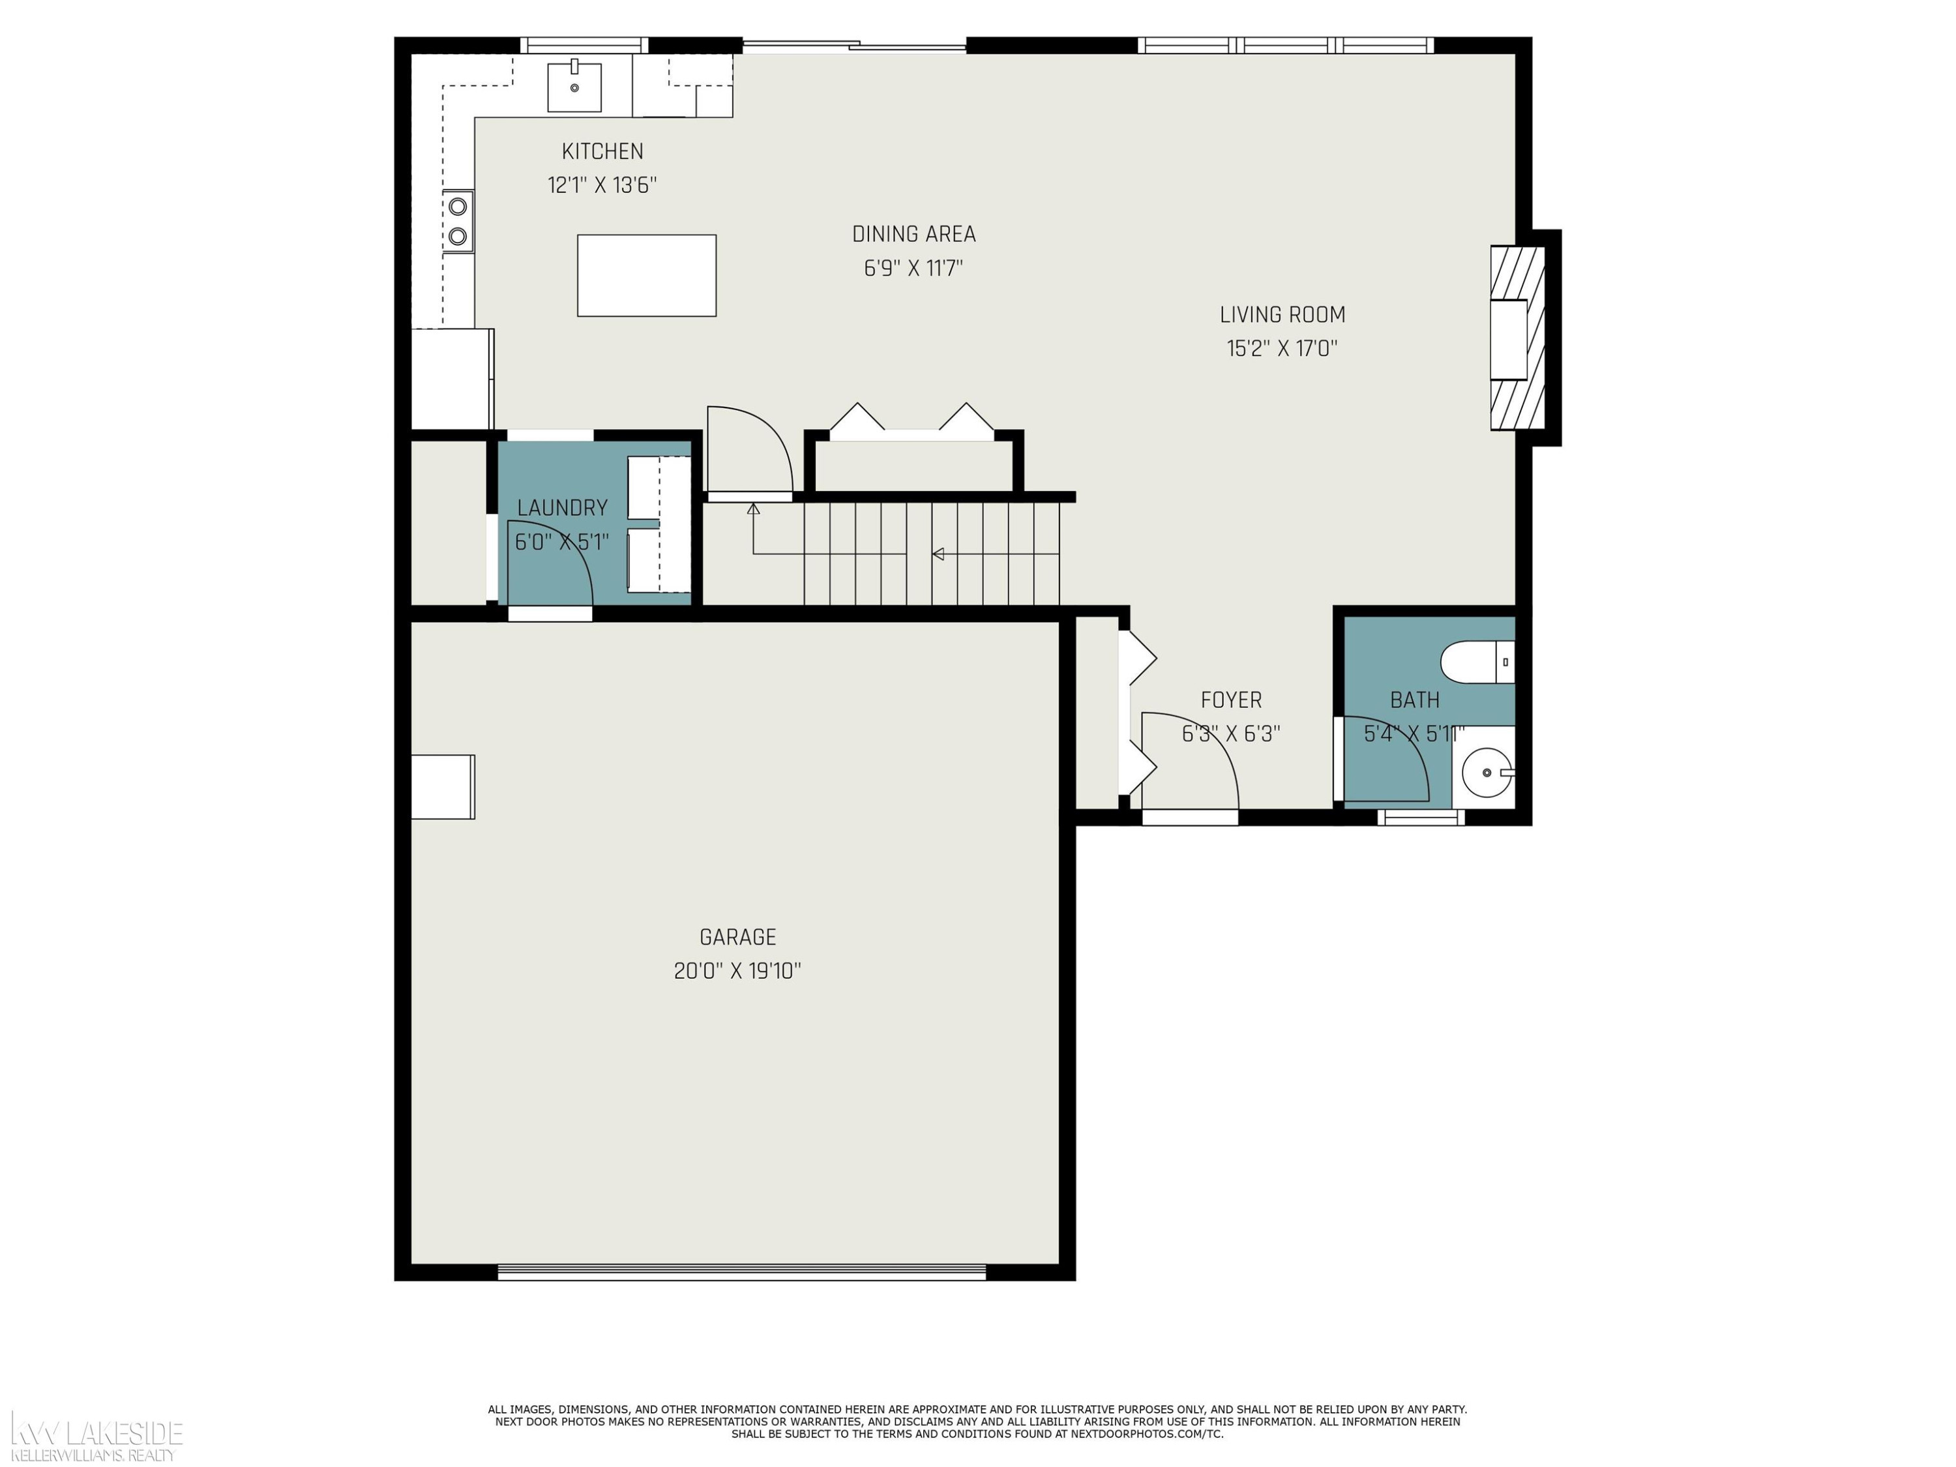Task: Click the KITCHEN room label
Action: point(602,151)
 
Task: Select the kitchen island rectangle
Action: point(646,275)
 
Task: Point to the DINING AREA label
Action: point(913,234)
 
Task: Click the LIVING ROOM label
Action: point(1282,315)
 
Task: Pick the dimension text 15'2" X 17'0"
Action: point(1282,348)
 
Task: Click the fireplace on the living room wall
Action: point(1517,338)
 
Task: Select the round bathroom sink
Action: point(1487,773)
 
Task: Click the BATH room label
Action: point(1415,700)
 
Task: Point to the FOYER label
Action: point(1231,700)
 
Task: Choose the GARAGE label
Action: point(737,938)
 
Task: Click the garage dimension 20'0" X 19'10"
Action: point(737,971)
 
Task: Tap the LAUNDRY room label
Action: point(563,509)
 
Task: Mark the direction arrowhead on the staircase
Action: point(938,554)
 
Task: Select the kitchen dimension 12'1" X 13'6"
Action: point(602,185)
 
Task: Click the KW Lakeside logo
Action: point(95,1438)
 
